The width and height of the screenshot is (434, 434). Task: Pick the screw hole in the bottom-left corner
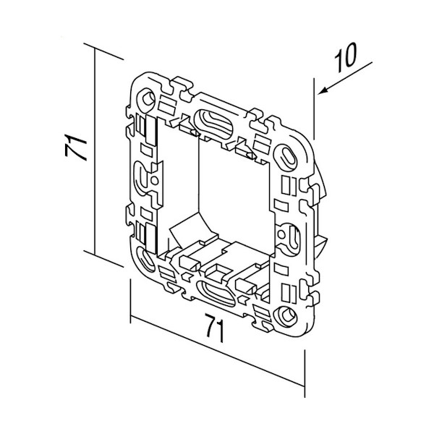click(x=144, y=258)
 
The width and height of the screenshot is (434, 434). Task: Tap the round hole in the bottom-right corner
click(x=286, y=315)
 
